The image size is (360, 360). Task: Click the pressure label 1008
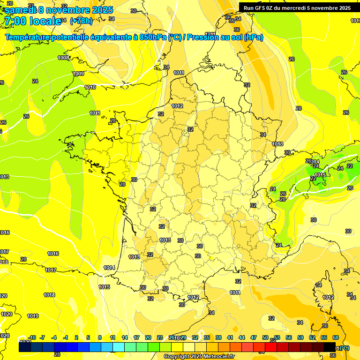coord(63,58)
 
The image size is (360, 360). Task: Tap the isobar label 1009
coord(78,74)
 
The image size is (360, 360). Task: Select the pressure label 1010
coord(90,87)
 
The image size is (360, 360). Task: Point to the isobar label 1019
coord(33,316)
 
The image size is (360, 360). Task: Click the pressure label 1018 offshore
coord(49,294)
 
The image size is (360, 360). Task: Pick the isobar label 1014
coord(109,268)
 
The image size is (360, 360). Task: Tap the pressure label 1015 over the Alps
coord(320,175)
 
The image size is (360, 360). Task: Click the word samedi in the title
coord(22,9)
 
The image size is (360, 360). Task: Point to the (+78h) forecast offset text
coord(81,21)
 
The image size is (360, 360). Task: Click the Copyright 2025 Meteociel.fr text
coord(199,356)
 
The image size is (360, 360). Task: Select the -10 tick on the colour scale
coord(32,337)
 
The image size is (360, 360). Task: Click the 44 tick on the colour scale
coord(242,337)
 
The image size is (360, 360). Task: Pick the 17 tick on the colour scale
coord(136,337)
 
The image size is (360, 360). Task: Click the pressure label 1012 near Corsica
coord(328,297)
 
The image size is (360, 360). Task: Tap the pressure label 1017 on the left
coord(51,270)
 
